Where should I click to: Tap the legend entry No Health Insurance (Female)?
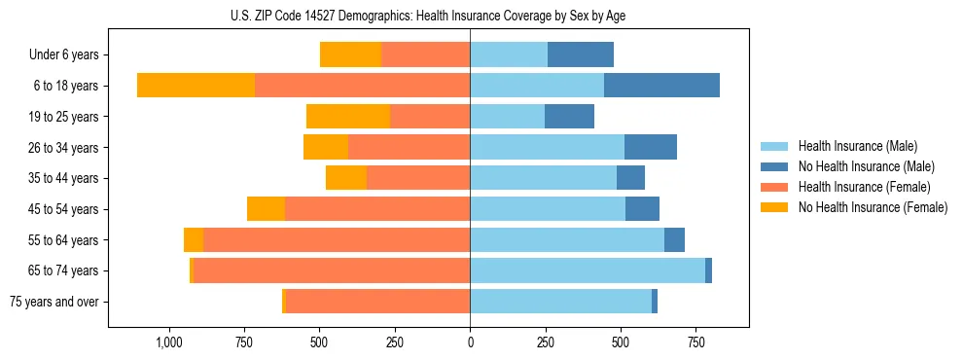click(872, 207)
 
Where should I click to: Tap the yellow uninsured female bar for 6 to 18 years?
click(196, 86)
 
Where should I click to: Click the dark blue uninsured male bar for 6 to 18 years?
click(661, 86)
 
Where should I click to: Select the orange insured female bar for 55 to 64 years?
click(337, 240)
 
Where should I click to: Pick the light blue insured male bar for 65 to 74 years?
click(588, 270)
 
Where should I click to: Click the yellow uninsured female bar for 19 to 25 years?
click(348, 117)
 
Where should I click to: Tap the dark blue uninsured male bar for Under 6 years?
click(581, 55)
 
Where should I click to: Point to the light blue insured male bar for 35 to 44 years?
click(543, 178)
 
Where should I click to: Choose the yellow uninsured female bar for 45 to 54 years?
click(266, 209)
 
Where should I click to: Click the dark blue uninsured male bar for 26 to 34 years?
click(651, 148)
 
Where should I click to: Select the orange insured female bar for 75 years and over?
click(377, 302)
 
